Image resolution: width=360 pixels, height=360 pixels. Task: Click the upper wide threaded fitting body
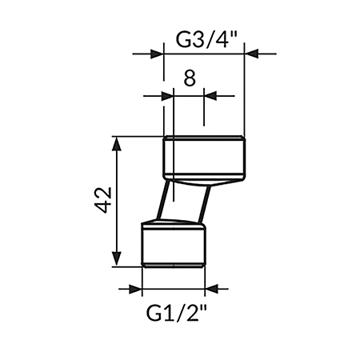point(204,157)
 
